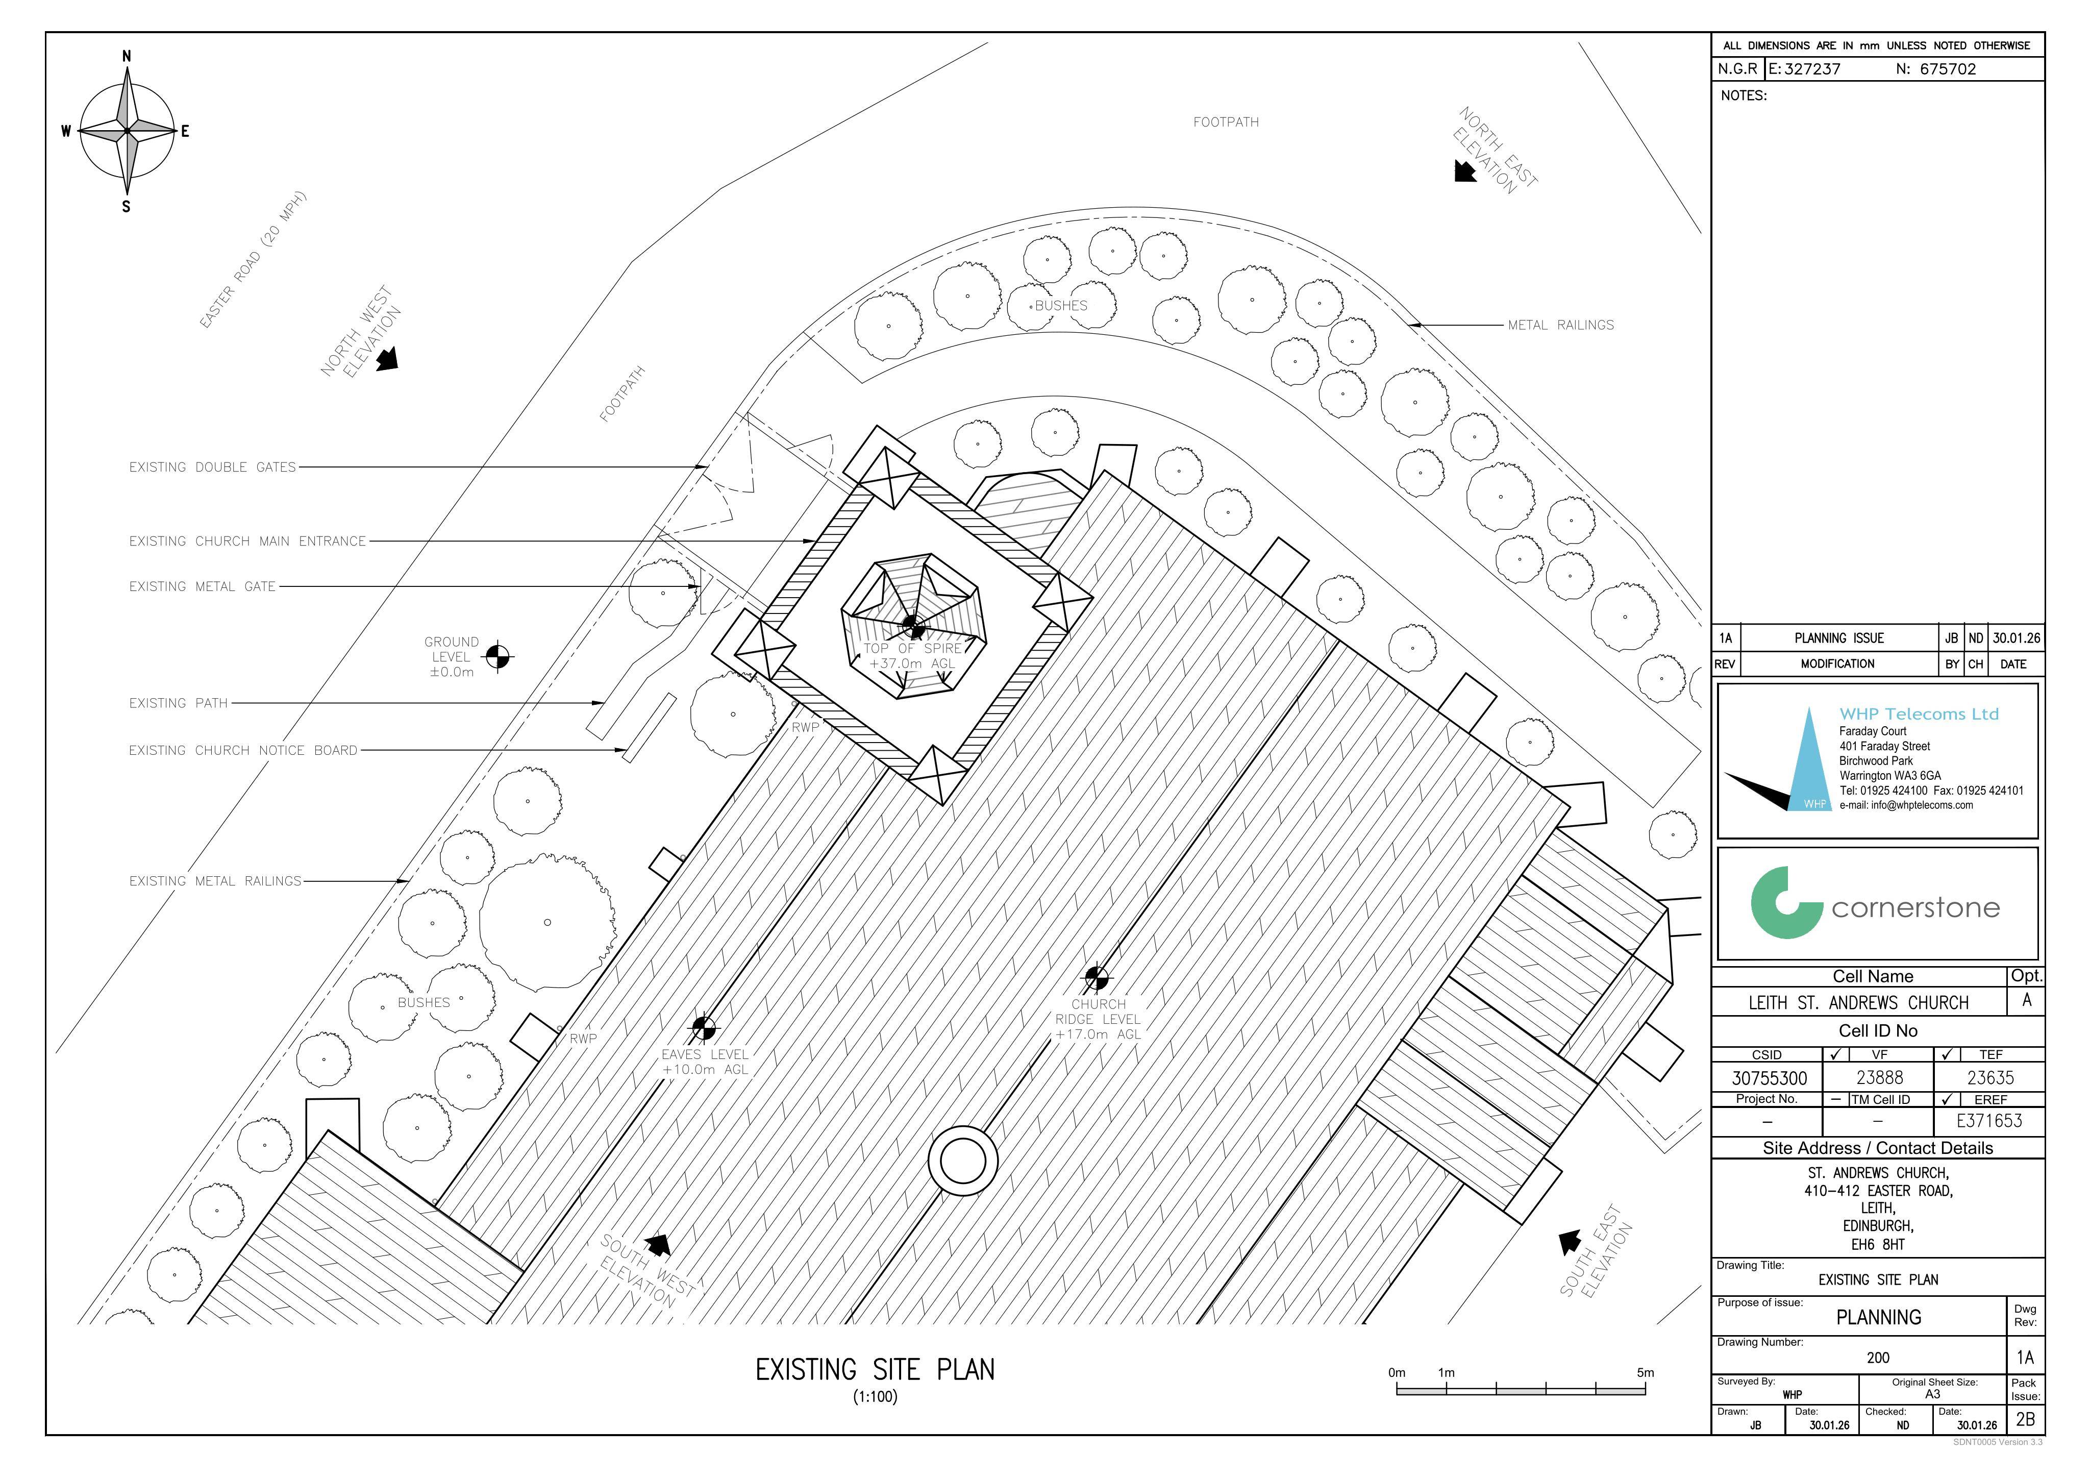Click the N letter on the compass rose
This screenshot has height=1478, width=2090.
pyautogui.click(x=127, y=57)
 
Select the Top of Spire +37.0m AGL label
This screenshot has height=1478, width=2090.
pyautogui.click(x=912, y=656)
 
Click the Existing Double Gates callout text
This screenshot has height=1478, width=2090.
pyautogui.click(x=212, y=467)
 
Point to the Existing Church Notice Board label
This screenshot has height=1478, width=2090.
pyautogui.click(x=243, y=750)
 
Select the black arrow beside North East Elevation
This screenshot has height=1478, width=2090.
pyautogui.click(x=1464, y=171)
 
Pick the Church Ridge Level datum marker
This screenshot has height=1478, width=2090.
pyautogui.click(x=1097, y=978)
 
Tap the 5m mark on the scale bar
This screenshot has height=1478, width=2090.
pyautogui.click(x=1645, y=1372)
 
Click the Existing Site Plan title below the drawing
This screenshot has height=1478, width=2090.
pyautogui.click(x=875, y=1370)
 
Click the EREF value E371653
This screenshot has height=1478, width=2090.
pyautogui.click(x=1989, y=1121)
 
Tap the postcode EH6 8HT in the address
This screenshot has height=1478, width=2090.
pyautogui.click(x=1877, y=1244)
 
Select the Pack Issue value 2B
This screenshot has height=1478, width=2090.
pyautogui.click(x=2025, y=1419)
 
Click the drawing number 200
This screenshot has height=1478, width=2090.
pyautogui.click(x=1878, y=1358)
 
